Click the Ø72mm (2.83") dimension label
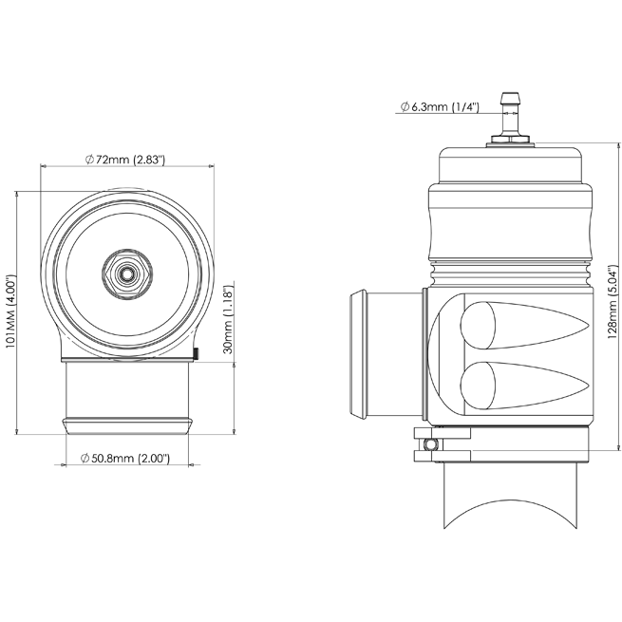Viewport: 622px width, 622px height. [125, 160]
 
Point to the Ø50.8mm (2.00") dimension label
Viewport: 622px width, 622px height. [126, 458]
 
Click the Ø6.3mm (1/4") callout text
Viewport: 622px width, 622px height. [439, 106]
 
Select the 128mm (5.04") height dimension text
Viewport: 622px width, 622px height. [613, 300]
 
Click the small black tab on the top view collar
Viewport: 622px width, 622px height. [194, 355]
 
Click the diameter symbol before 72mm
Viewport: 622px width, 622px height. [88, 160]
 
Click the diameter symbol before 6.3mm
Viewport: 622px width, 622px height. [405, 106]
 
